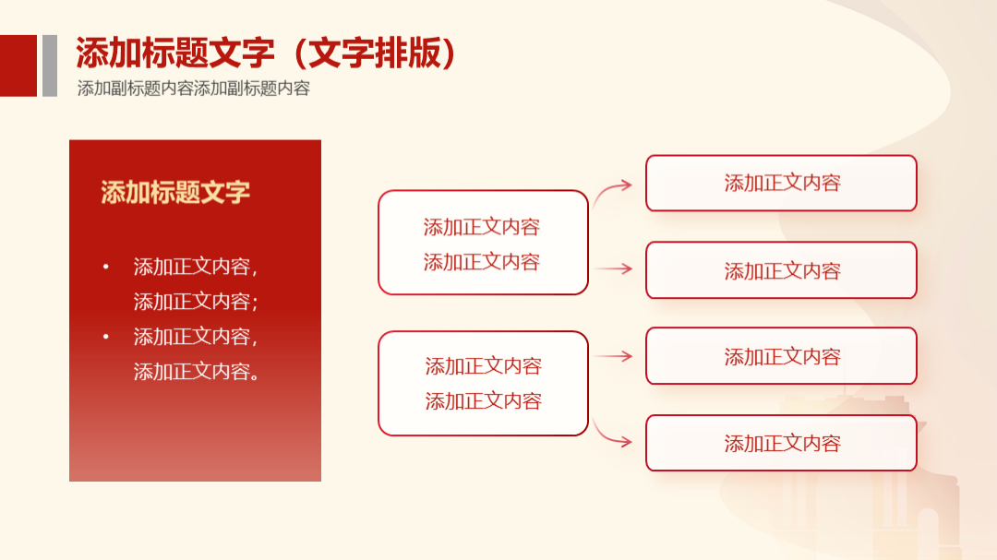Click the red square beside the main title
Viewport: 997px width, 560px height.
click(18, 66)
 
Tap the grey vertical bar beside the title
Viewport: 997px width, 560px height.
click(50, 66)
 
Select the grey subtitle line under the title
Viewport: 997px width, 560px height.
click(193, 89)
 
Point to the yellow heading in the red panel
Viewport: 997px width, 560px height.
click(174, 192)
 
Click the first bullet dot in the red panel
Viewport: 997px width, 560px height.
click(105, 267)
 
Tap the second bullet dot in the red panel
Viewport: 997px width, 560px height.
click(105, 336)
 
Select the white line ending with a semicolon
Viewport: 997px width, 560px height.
click(195, 302)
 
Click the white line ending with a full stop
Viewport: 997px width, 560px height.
click(197, 371)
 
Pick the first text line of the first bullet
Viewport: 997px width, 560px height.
click(195, 267)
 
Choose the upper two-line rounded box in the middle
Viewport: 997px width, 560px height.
click(483, 243)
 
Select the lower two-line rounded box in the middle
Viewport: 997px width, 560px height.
click(483, 383)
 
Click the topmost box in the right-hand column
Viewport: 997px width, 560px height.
click(782, 183)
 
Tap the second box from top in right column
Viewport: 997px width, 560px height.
click(782, 270)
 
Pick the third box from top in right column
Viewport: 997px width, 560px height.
click(782, 356)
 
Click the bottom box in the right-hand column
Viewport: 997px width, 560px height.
click(782, 443)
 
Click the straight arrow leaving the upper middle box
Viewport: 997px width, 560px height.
click(613, 268)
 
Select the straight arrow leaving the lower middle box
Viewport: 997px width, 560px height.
click(614, 357)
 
